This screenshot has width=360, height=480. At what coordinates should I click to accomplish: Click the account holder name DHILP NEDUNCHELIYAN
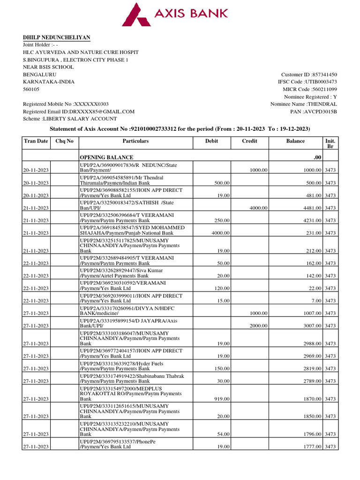coord(57,37)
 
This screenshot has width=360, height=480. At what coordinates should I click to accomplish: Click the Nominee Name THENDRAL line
coord(304,104)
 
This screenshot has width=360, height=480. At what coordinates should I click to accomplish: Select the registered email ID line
coord(79,112)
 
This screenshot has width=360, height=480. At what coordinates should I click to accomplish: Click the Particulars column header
coord(135,141)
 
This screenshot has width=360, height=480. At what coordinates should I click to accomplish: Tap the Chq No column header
coord(65,141)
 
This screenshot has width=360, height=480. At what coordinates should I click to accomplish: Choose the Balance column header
coord(295,141)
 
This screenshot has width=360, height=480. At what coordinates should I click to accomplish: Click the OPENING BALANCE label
coord(106,157)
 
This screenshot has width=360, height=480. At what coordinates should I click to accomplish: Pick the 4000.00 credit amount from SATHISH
coord(258,208)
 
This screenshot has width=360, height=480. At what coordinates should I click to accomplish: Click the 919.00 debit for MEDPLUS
coord(222,399)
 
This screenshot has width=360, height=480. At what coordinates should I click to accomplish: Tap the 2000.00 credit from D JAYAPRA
coord(258,326)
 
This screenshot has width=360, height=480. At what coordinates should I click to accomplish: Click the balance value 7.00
coord(315,301)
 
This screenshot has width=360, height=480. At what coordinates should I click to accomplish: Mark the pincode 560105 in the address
coord(31,89)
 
